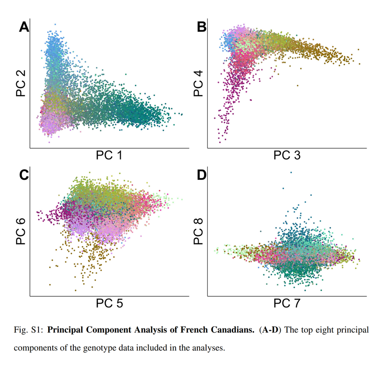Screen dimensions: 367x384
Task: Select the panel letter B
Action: tap(202, 28)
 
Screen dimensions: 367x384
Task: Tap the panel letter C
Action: tap(24, 175)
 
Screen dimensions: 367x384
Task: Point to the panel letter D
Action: tap(202, 175)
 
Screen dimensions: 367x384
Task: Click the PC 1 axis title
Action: tap(109, 156)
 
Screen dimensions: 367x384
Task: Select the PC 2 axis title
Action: tap(21, 83)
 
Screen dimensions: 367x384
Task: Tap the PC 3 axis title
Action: tap(287, 156)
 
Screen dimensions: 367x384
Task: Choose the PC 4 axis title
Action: tap(199, 83)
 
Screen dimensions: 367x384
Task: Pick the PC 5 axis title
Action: tap(109, 304)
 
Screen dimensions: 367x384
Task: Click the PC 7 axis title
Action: tap(287, 304)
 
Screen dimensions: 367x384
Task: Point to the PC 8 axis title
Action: tap(199, 231)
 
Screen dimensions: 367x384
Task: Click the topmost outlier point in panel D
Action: tap(290, 172)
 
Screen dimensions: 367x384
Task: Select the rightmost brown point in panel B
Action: tap(359, 64)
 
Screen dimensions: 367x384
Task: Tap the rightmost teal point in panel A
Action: tap(182, 114)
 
